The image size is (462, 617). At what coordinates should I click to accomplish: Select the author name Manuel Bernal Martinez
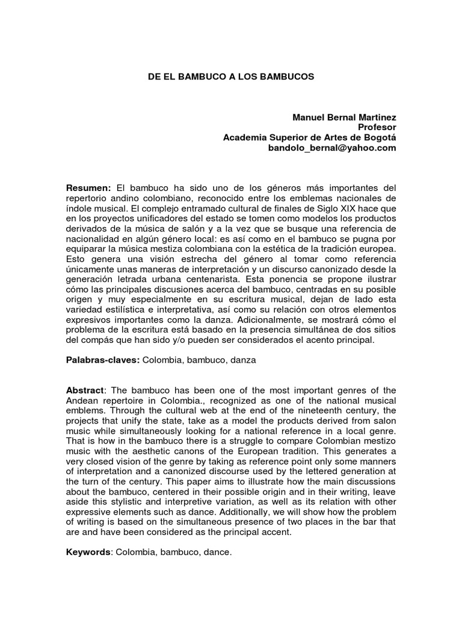[x=344, y=116]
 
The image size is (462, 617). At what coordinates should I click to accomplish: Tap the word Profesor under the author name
[x=377, y=127]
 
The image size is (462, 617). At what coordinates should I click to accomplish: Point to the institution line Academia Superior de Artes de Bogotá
[x=309, y=137]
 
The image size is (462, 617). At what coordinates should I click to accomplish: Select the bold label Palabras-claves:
[x=102, y=360]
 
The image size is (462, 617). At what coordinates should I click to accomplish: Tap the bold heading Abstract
[x=85, y=390]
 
